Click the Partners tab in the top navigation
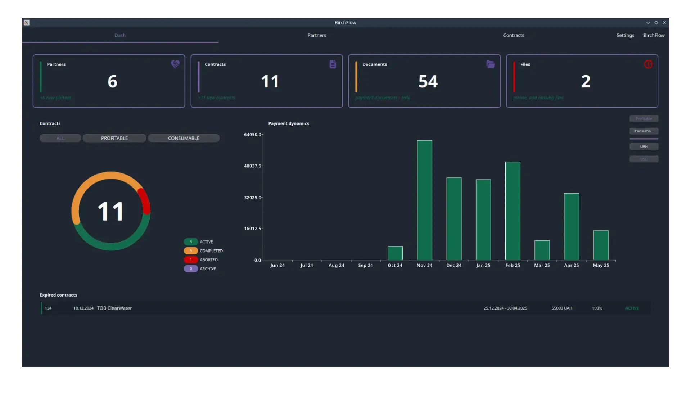[317, 35]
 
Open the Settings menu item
[625, 35]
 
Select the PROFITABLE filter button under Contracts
[114, 138]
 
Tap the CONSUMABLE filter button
[184, 138]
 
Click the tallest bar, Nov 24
[424, 200]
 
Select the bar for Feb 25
[512, 211]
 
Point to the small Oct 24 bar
[395, 253]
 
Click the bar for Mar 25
[542, 250]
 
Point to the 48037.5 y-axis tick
[253, 166]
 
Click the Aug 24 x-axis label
[336, 265]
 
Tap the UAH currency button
[644, 146]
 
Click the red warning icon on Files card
[648, 64]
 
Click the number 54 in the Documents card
[428, 81]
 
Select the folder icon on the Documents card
[491, 64]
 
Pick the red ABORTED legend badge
[191, 260]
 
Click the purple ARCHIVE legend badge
[191, 269]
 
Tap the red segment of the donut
[145, 201]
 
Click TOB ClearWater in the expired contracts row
[114, 308]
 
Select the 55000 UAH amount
[562, 308]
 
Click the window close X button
[664, 23]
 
